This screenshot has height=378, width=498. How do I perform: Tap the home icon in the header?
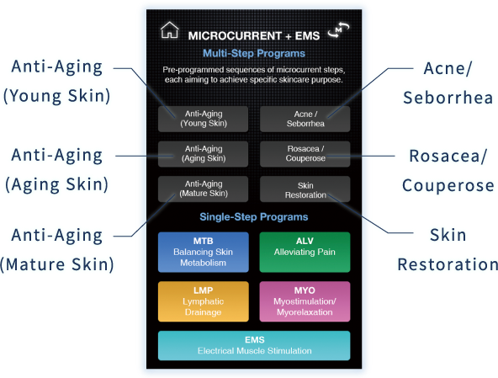170,30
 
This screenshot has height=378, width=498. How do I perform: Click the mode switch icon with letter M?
338,30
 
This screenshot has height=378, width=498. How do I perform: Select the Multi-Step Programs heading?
254,53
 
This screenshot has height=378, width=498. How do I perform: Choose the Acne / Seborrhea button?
305,119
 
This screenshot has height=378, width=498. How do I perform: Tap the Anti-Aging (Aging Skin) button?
203,154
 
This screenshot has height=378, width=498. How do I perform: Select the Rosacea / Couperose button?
305,154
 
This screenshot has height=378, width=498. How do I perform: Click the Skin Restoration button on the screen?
305,189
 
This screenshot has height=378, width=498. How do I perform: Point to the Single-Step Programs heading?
254,217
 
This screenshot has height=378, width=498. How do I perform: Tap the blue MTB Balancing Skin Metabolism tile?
204,252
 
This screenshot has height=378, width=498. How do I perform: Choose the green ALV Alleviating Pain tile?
305,252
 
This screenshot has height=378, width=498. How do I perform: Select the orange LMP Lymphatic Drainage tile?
204,301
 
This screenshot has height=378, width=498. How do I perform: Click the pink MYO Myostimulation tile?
305,301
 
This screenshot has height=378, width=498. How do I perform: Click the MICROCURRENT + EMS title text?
254,35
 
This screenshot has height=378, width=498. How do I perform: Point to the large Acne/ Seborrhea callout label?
448,83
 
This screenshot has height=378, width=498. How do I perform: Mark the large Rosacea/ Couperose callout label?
448,171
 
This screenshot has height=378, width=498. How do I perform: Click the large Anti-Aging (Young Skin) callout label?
57,82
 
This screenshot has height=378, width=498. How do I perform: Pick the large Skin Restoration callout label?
448,250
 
